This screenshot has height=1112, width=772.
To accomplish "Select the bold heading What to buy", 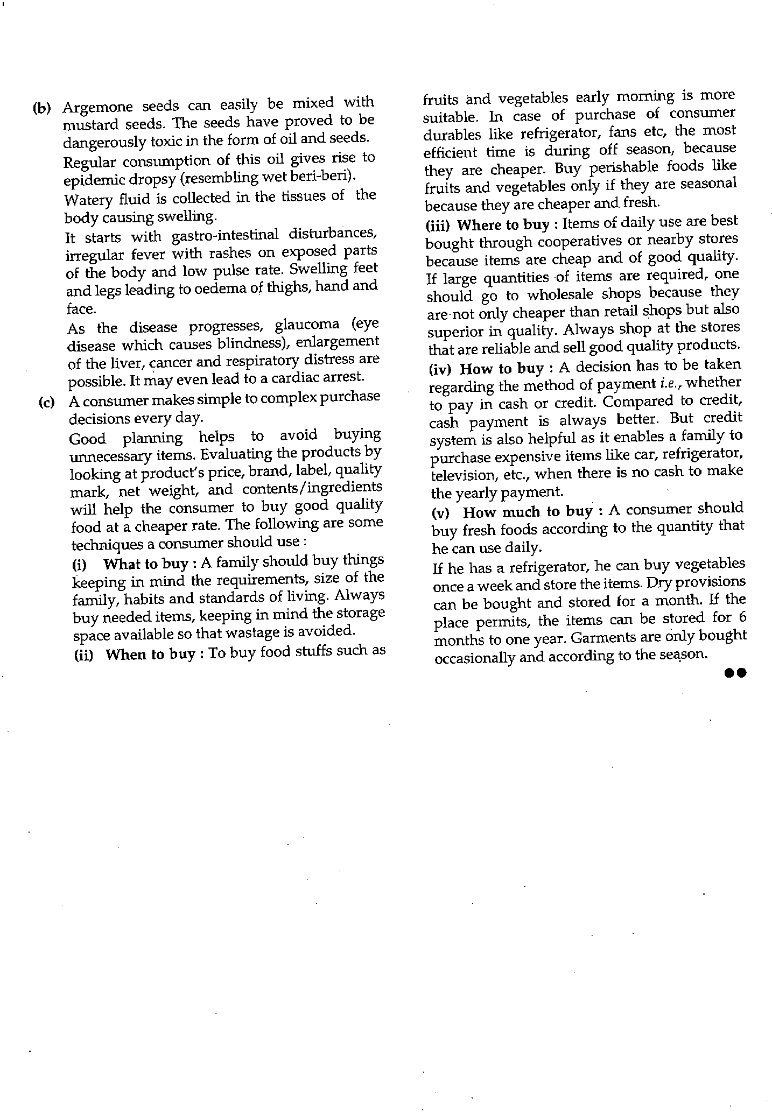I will click(145, 564).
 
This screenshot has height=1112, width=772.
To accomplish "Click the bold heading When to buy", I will click(150, 654).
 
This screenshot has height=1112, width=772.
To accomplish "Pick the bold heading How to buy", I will click(501, 369).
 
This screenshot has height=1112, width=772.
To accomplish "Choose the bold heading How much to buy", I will click(527, 511).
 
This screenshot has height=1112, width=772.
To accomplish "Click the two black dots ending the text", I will click(735, 673).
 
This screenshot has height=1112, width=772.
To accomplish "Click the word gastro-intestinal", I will click(225, 236).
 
